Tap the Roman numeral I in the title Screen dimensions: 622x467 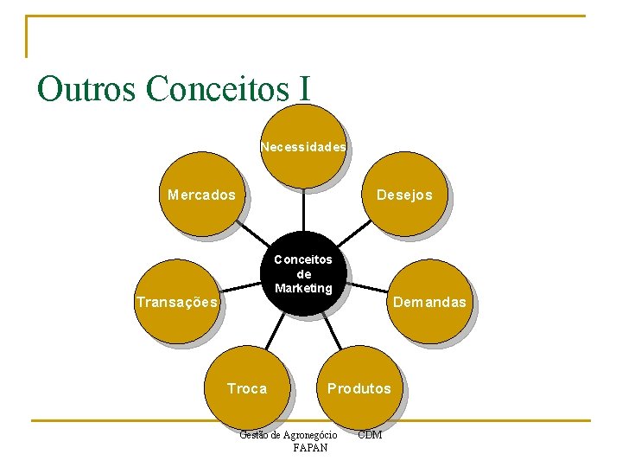pos(303,88)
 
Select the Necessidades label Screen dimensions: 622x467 pos(303,147)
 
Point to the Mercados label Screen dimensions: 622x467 pos(201,195)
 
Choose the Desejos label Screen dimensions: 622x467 pos(404,195)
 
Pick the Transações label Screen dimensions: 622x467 pos(177,303)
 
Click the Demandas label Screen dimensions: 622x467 pos(429,303)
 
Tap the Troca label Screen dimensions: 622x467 pos(247,389)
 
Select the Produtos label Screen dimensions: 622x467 pos(359,389)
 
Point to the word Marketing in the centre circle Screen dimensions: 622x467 pos(303,288)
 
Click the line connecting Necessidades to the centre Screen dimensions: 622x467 pos(303,210)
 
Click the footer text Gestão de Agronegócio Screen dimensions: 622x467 pos(288,434)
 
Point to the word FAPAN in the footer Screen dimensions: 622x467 pos(310,448)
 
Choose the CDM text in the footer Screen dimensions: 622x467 pos(369,434)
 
